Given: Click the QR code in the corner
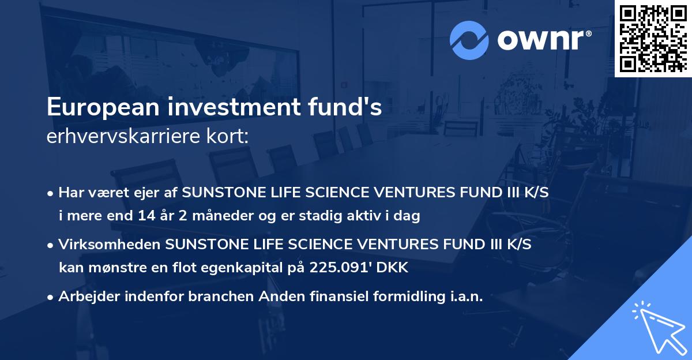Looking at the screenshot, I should pyautogui.click(x=652, y=39).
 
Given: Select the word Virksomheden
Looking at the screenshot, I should pyautogui.click(x=110, y=245).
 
